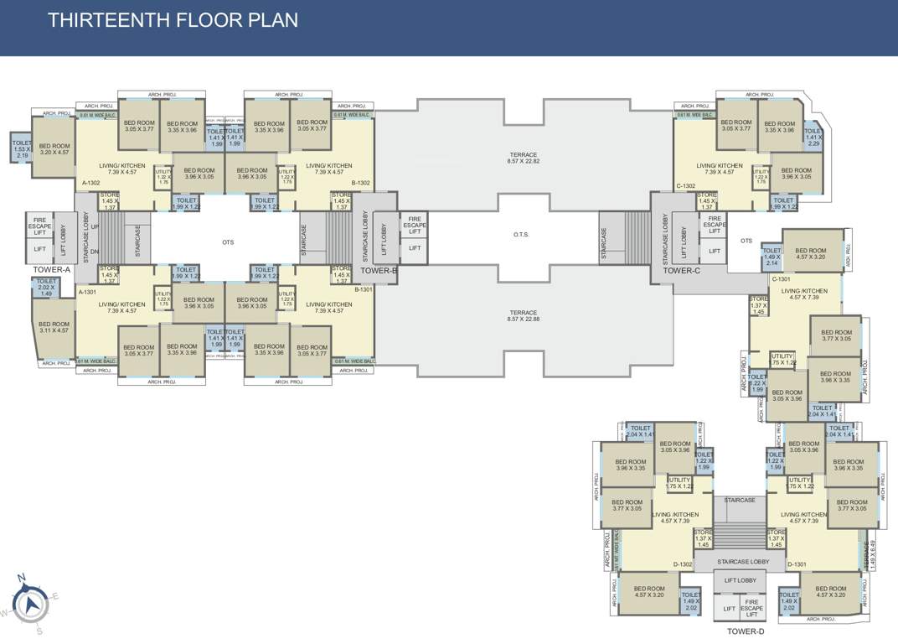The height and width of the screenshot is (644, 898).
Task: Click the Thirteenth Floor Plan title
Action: pyautogui.click(x=173, y=20)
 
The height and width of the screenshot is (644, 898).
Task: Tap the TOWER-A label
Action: pyautogui.click(x=51, y=270)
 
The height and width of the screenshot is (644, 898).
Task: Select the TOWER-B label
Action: pyautogui.click(x=379, y=270)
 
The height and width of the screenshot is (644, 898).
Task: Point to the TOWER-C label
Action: pyautogui.click(x=681, y=271)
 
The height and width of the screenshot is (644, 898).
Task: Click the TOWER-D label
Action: pyautogui.click(x=745, y=631)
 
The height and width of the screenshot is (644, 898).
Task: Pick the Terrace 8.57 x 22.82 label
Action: pyautogui.click(x=524, y=158)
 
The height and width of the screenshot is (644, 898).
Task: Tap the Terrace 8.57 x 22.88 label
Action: pyautogui.click(x=524, y=315)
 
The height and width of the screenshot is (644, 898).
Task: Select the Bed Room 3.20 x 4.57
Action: pyautogui.click(x=54, y=148)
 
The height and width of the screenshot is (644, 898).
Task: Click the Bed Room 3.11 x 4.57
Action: pyautogui.click(x=54, y=327)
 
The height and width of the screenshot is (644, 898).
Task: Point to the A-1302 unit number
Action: pyautogui.click(x=91, y=183)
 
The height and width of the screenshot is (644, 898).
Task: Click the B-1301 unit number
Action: pyautogui.click(x=364, y=289)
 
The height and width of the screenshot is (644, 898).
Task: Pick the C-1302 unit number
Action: pyautogui.click(x=686, y=185)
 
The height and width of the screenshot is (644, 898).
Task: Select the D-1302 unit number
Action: pyautogui.click(x=681, y=564)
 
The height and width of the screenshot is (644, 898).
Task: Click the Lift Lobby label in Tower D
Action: pyautogui.click(x=740, y=580)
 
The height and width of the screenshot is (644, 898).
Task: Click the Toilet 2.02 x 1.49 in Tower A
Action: pyautogui.click(x=46, y=287)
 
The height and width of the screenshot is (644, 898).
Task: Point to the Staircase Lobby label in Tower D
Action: pyautogui.click(x=744, y=561)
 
